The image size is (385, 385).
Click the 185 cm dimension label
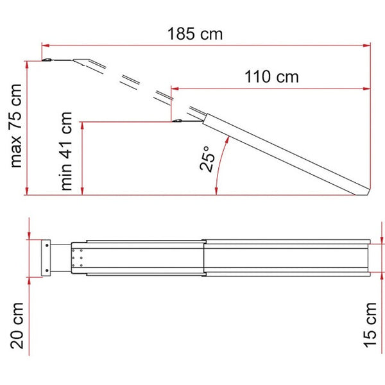coord(196,34)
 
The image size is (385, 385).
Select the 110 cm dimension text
coord(272,76)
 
